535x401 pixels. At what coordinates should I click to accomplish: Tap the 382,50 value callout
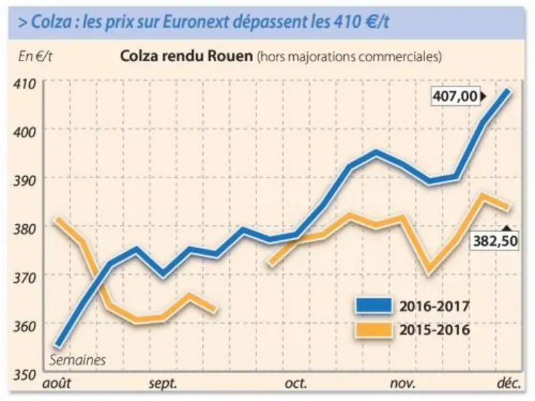[x=495, y=240]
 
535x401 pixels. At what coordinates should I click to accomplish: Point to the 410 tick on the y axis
[x=24, y=84]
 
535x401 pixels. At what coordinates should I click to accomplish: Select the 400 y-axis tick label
[x=24, y=132]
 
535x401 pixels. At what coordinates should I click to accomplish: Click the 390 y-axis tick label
[x=24, y=181]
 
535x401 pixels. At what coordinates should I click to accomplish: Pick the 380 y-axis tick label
[x=24, y=229]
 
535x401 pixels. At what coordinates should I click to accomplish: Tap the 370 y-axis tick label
[x=24, y=278]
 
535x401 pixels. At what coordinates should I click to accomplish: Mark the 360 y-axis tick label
[x=24, y=327]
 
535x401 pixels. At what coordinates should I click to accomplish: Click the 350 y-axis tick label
[x=24, y=375]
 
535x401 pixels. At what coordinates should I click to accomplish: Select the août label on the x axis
[x=57, y=383]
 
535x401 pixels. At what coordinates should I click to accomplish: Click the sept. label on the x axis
[x=163, y=384]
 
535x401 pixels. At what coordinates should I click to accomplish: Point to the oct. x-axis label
[x=296, y=383]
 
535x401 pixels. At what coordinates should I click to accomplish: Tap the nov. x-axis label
[x=403, y=384]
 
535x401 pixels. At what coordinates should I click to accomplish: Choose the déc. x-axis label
[x=509, y=382]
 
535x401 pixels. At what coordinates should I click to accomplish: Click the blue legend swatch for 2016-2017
[x=374, y=306]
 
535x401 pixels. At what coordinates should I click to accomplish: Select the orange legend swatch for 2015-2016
[x=374, y=330]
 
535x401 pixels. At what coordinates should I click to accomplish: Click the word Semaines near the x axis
[x=77, y=360]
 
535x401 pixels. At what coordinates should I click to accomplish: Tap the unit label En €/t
[x=35, y=57]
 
